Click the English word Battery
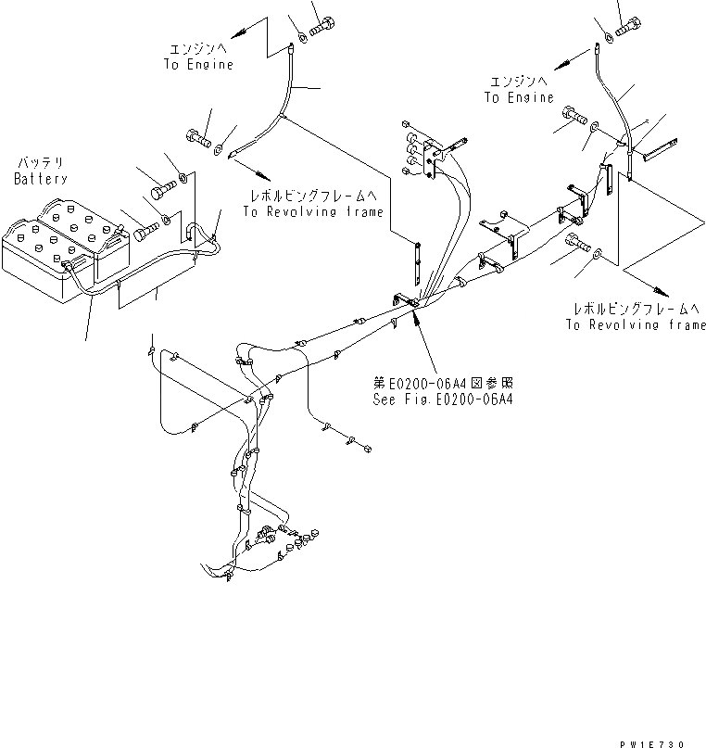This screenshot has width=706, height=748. (41, 178)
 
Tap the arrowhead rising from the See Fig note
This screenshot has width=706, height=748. (414, 319)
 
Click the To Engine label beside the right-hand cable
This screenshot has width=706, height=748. (518, 97)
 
